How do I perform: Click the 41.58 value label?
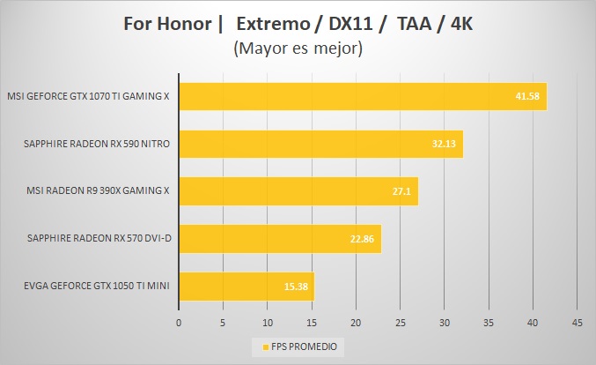[526, 96]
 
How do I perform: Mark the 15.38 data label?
[296, 287]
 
